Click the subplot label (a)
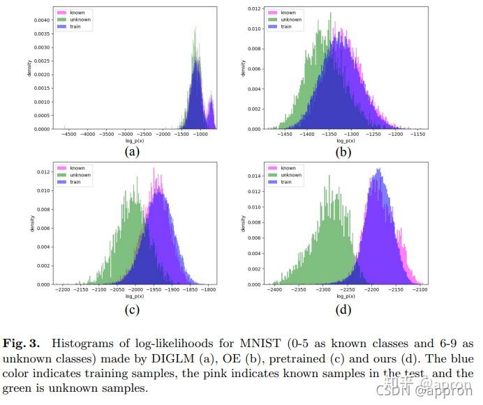pyautogui.click(x=132, y=151)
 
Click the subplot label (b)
pyautogui.click(x=343, y=151)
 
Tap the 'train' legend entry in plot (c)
pyautogui.click(x=75, y=182)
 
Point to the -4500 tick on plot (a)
pyautogui.click(x=68, y=134)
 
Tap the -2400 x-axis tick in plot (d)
pyautogui.click(x=276, y=290)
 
